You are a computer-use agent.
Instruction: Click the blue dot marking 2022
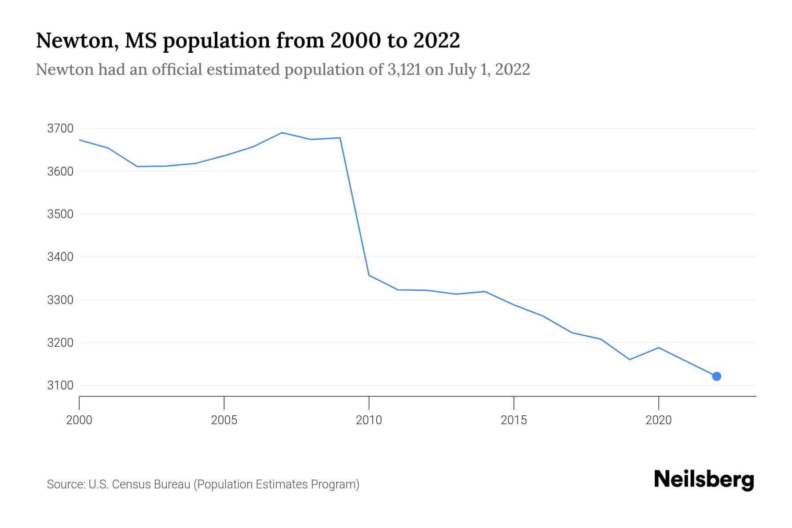coord(716,376)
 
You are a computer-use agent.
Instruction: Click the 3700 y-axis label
coord(60,128)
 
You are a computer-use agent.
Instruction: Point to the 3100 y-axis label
coord(60,385)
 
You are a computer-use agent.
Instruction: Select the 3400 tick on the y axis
coord(60,257)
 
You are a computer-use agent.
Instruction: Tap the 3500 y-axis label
coord(60,214)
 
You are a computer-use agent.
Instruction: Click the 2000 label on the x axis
coord(79,420)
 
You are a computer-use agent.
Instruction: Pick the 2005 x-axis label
coord(224,420)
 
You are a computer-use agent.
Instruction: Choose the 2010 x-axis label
coord(369,420)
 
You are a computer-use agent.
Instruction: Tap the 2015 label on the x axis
coord(513,420)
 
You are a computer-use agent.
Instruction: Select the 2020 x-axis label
coord(658,420)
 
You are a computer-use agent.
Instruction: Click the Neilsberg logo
coord(704,480)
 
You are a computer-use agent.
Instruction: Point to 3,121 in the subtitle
coord(404,70)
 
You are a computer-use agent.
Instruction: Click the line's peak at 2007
coord(282,132)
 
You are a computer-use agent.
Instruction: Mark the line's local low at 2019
coord(630,359)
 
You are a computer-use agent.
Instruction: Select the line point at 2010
coord(369,275)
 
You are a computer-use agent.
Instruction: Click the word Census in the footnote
coord(130,484)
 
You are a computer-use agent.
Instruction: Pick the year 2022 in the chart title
coord(436,40)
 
